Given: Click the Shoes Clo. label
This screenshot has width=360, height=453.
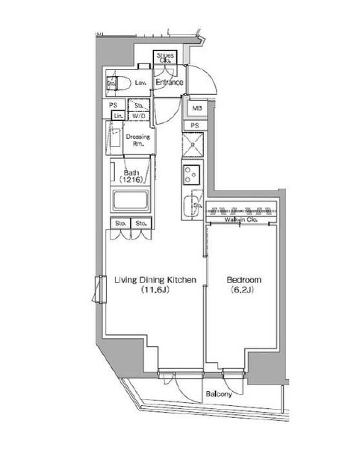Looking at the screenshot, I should point(166,58).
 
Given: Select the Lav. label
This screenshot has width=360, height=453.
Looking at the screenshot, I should point(140,83).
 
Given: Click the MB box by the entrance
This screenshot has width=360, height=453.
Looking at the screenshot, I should point(193,108).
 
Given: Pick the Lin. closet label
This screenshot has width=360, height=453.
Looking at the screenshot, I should point(117,116).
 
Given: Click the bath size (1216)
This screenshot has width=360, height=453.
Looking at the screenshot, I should point(131,181).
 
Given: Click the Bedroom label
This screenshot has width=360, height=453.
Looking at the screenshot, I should point(243,281).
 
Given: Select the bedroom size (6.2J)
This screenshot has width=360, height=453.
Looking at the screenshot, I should point(243,291).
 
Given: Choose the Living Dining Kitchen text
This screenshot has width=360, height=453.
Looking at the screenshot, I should point(155,281).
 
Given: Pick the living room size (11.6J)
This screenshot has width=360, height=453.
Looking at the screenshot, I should point(155,291).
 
